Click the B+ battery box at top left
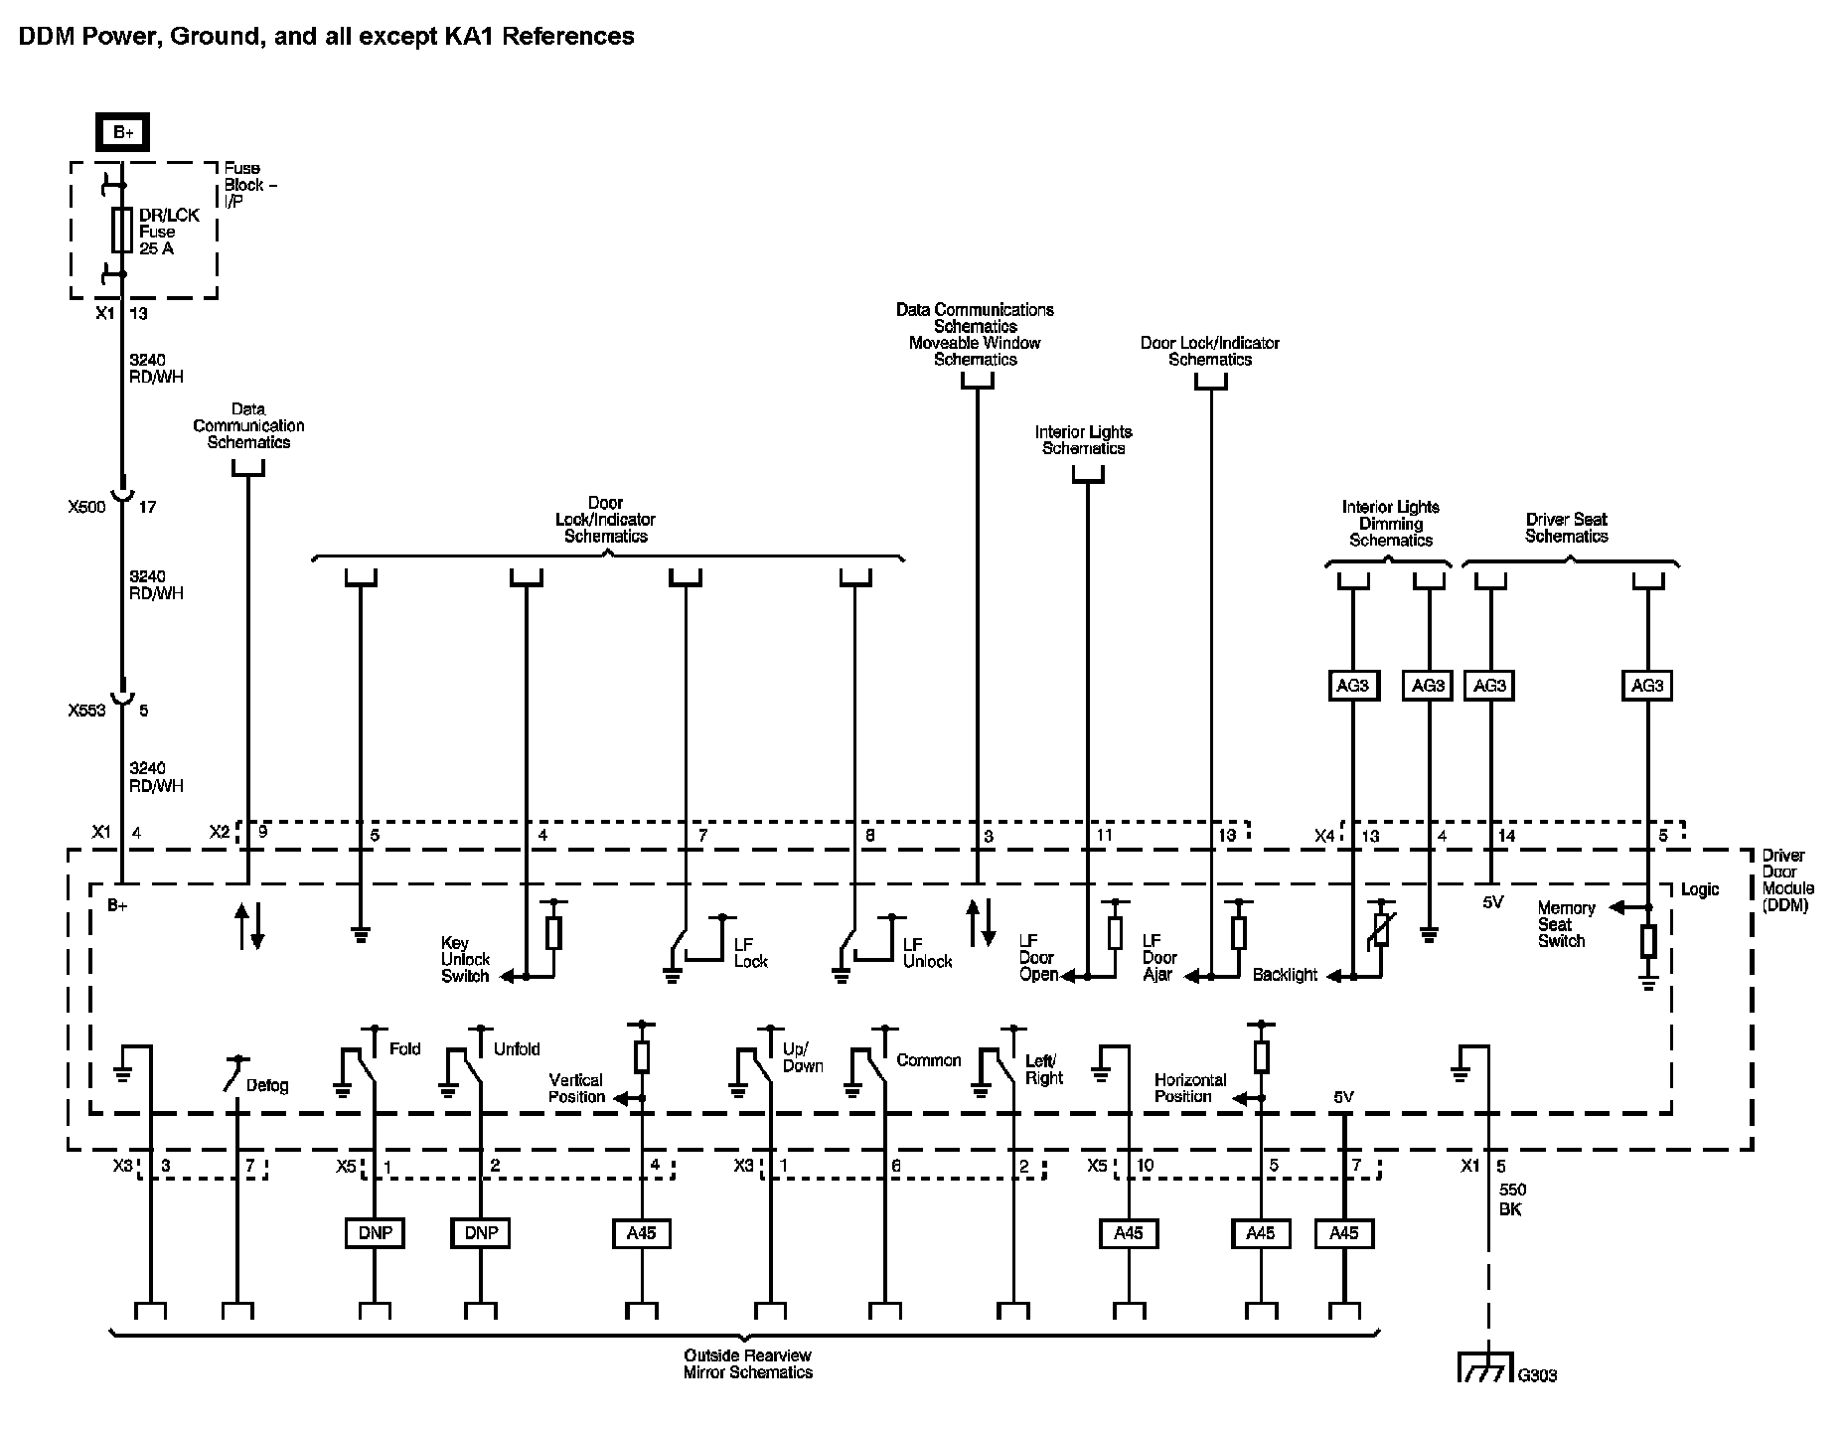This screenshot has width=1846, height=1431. (x=122, y=133)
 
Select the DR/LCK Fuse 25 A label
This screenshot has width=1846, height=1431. (x=169, y=232)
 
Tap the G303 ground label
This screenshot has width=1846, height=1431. (x=1537, y=1375)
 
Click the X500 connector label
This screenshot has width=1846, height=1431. (x=86, y=507)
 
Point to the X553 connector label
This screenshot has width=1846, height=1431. (x=86, y=711)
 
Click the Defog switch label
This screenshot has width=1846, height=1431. (x=267, y=1085)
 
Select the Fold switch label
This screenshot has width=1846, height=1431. (x=404, y=1048)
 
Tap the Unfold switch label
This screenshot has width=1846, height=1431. (x=517, y=1048)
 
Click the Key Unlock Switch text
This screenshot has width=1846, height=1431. (x=466, y=960)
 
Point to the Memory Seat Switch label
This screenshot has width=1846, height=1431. (x=1566, y=924)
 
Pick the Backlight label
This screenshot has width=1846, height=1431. (x=1285, y=975)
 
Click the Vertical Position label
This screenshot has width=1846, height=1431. (x=576, y=1088)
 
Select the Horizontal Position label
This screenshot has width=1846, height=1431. (x=1190, y=1088)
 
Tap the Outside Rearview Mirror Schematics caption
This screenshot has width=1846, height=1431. (x=748, y=1363)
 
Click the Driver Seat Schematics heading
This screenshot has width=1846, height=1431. (x=1567, y=528)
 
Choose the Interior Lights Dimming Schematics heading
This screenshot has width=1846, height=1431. (x=1391, y=524)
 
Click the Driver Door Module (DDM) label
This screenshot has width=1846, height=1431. (x=1788, y=880)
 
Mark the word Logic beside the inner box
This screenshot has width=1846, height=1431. (x=1700, y=889)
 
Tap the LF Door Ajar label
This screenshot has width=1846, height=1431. (x=1159, y=958)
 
